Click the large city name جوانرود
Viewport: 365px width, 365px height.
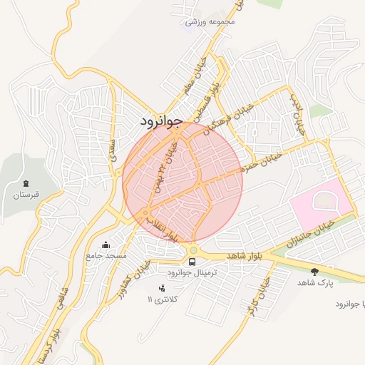pos(163,120)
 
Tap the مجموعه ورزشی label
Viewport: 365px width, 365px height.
pos(210,22)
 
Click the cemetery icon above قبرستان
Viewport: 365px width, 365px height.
pos(26,184)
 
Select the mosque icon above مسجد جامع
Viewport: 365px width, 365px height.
pos(106,245)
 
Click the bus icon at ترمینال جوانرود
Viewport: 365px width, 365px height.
pos(191,262)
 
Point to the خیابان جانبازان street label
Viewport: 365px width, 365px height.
pos(308,234)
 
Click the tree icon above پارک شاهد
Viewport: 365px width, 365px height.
pos(314,271)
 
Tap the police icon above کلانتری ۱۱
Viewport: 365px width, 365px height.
pos(162,287)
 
